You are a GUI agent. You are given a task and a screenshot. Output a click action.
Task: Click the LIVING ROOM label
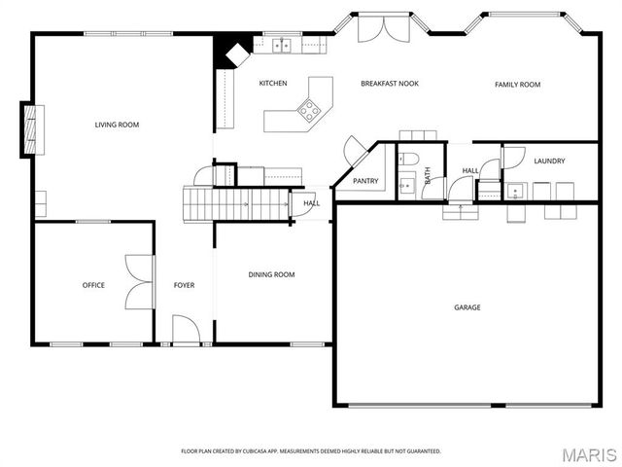tap(117, 125)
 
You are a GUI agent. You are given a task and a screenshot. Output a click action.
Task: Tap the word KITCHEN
tap(273, 84)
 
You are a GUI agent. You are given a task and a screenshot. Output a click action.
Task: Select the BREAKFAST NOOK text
tap(390, 84)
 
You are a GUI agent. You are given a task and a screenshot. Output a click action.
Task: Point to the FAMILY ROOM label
tap(517, 85)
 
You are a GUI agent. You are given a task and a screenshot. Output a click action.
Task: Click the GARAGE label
tap(467, 307)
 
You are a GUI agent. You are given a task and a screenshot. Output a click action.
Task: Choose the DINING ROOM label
tap(271, 275)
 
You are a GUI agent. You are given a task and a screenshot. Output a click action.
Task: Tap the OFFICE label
tap(93, 285)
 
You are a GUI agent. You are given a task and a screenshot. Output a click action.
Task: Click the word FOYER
tap(184, 285)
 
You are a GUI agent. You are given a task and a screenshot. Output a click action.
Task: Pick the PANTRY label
tap(365, 181)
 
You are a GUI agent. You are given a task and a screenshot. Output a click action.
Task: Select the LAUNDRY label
tap(549, 161)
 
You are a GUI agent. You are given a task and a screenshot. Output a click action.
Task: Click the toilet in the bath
tap(408, 159)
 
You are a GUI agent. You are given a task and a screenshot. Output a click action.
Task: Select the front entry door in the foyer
tap(186, 331)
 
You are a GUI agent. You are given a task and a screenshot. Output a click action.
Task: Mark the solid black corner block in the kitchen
tap(229, 48)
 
